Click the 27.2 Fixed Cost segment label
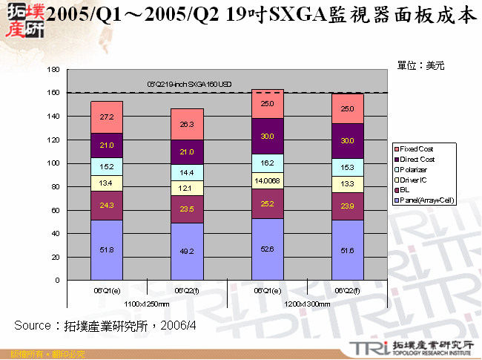point(107,117)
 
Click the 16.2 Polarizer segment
point(267,159)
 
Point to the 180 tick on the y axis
point(53,70)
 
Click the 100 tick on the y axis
point(53,163)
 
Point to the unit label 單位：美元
point(420,65)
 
